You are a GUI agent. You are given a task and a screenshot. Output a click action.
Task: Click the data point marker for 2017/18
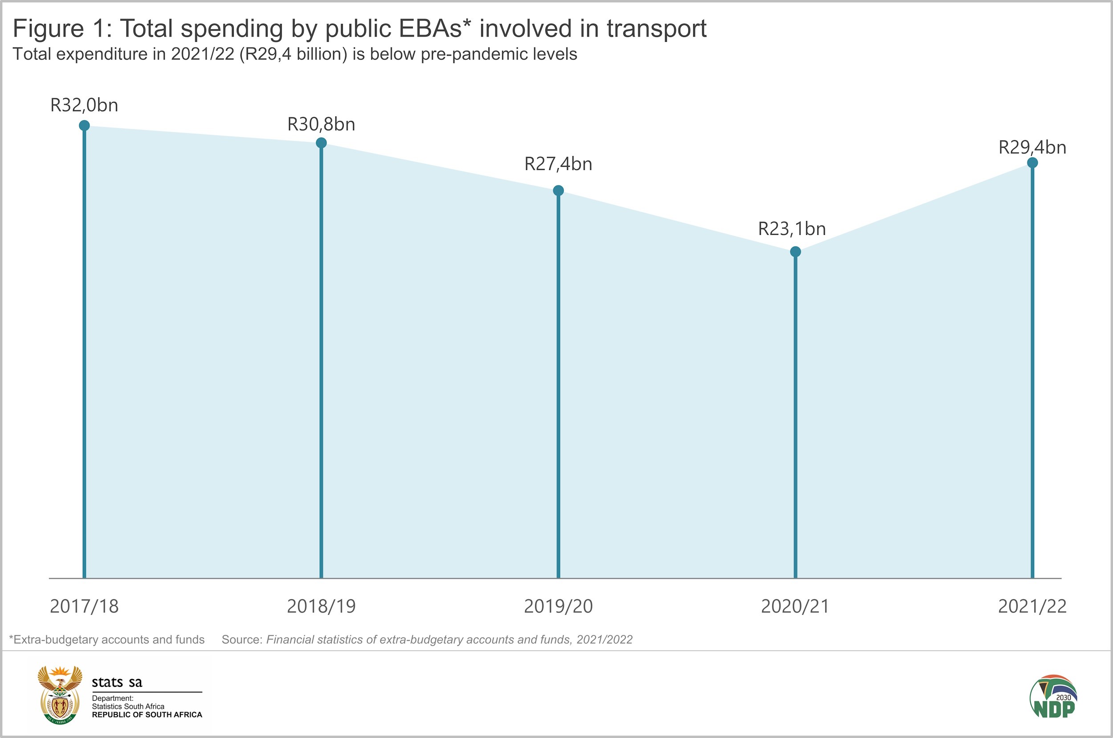(84, 125)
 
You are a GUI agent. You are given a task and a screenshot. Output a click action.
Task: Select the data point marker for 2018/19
(321, 143)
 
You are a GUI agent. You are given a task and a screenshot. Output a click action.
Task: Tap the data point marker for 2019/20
(558, 191)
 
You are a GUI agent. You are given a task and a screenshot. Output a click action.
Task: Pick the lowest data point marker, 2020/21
(795, 252)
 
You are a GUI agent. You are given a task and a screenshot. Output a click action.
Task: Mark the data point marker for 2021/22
(1032, 163)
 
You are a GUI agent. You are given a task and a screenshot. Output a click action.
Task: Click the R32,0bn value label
(84, 105)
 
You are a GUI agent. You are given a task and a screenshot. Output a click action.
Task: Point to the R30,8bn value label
(321, 124)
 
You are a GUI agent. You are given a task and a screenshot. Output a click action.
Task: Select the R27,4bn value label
(558, 164)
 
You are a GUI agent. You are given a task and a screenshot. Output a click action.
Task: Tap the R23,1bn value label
(792, 229)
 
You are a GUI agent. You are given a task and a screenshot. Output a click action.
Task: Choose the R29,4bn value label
(1032, 148)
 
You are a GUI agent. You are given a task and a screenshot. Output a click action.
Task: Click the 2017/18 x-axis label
(84, 606)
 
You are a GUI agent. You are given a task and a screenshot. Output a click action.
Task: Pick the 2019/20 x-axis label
(558, 606)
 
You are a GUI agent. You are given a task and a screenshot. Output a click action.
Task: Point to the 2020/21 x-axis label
(795, 606)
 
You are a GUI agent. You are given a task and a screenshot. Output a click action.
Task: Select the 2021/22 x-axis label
(1032, 606)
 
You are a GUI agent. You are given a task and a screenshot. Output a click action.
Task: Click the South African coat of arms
(60, 695)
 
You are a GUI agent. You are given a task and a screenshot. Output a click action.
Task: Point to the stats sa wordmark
(117, 682)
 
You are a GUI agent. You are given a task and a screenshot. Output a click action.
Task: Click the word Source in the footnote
(242, 640)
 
